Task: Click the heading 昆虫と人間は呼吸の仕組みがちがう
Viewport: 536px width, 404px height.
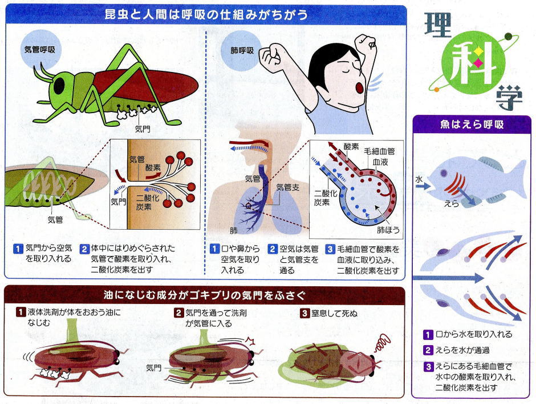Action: click(x=207, y=14)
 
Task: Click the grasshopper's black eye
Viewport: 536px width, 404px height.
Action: click(x=59, y=86)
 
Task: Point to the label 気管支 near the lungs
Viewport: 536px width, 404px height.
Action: click(x=287, y=187)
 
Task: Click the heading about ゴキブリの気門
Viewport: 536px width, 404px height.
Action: click(x=205, y=295)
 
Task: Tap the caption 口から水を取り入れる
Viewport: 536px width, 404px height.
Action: click(x=473, y=334)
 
